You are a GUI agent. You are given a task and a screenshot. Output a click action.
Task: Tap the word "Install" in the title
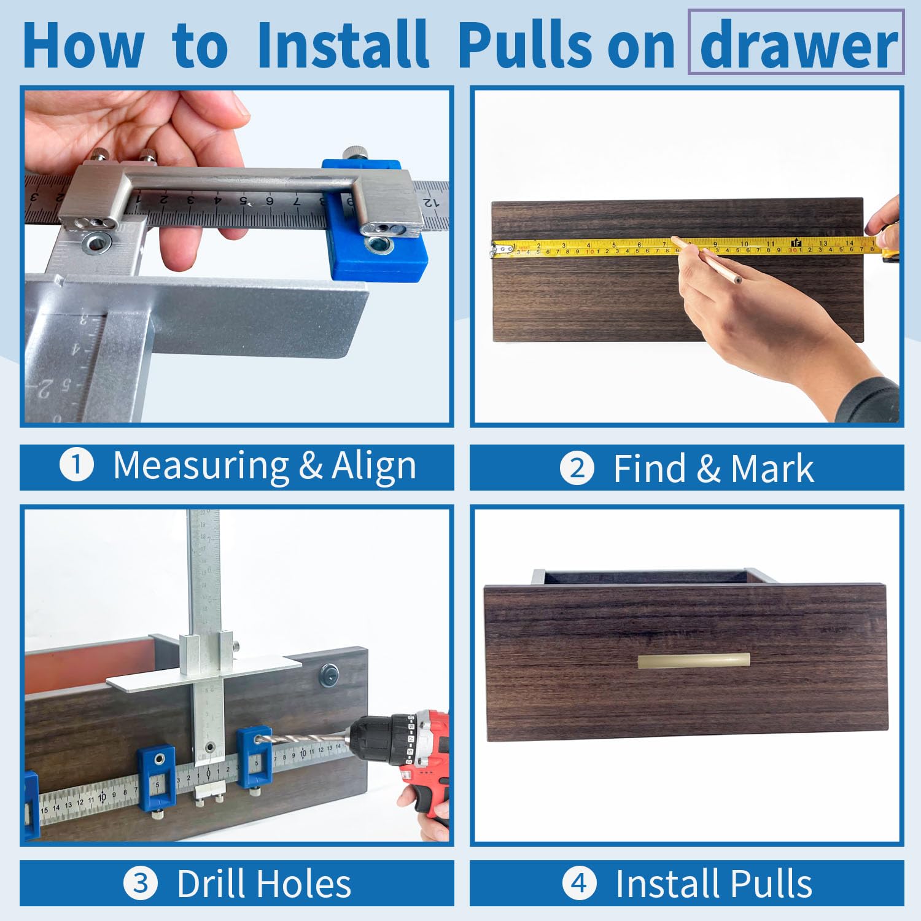click(343, 44)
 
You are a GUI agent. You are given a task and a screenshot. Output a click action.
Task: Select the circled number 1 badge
click(77, 465)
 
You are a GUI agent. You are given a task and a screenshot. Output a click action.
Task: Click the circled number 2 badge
click(577, 468)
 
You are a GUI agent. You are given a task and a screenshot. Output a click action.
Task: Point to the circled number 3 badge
click(141, 884)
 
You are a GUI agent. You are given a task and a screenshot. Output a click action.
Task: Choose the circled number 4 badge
click(580, 884)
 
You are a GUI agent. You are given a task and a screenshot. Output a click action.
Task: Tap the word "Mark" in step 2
click(772, 469)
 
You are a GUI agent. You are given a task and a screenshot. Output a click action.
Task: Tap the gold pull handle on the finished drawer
click(694, 661)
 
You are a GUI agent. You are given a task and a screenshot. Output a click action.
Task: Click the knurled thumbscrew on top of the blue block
click(354, 152)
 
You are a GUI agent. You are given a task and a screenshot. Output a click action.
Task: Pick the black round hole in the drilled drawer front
click(329, 675)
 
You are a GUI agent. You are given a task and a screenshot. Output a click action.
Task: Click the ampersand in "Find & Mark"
click(709, 469)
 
